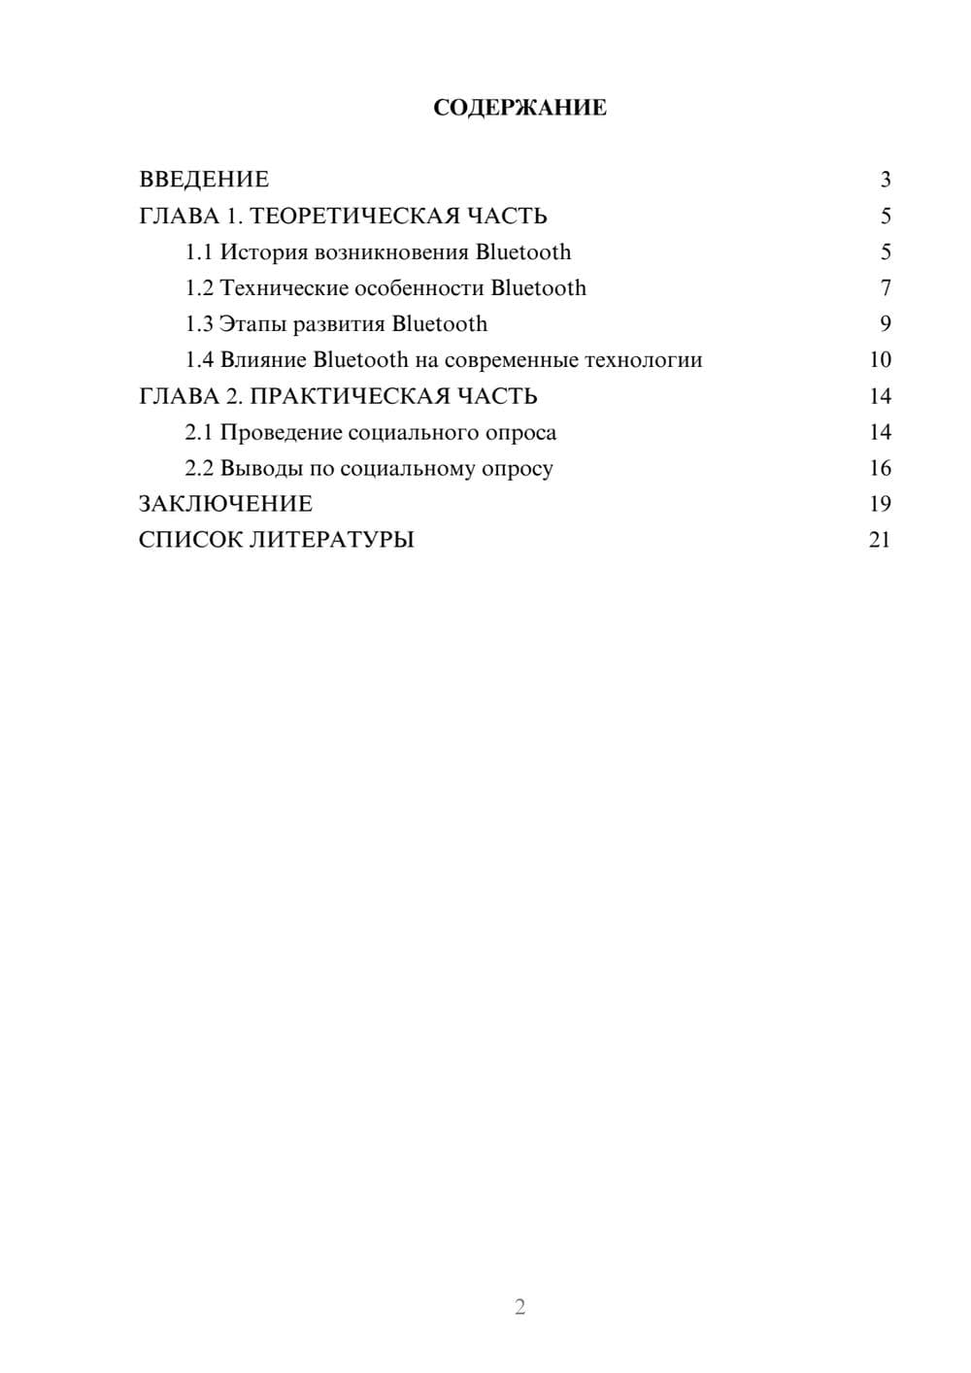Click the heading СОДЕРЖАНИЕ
(x=519, y=108)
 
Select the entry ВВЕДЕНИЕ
(x=204, y=180)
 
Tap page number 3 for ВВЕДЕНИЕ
(x=885, y=180)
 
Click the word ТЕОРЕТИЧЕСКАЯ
(x=353, y=216)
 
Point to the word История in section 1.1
(x=264, y=252)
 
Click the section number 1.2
(x=199, y=288)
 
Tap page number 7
(x=885, y=288)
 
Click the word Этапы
(x=252, y=324)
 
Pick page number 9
(x=885, y=324)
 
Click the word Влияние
(x=263, y=360)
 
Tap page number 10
(x=880, y=360)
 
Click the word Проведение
(x=280, y=433)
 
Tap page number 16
(x=880, y=469)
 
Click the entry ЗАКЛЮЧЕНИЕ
(x=225, y=504)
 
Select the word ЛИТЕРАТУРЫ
(x=332, y=540)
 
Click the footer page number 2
(x=519, y=1307)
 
